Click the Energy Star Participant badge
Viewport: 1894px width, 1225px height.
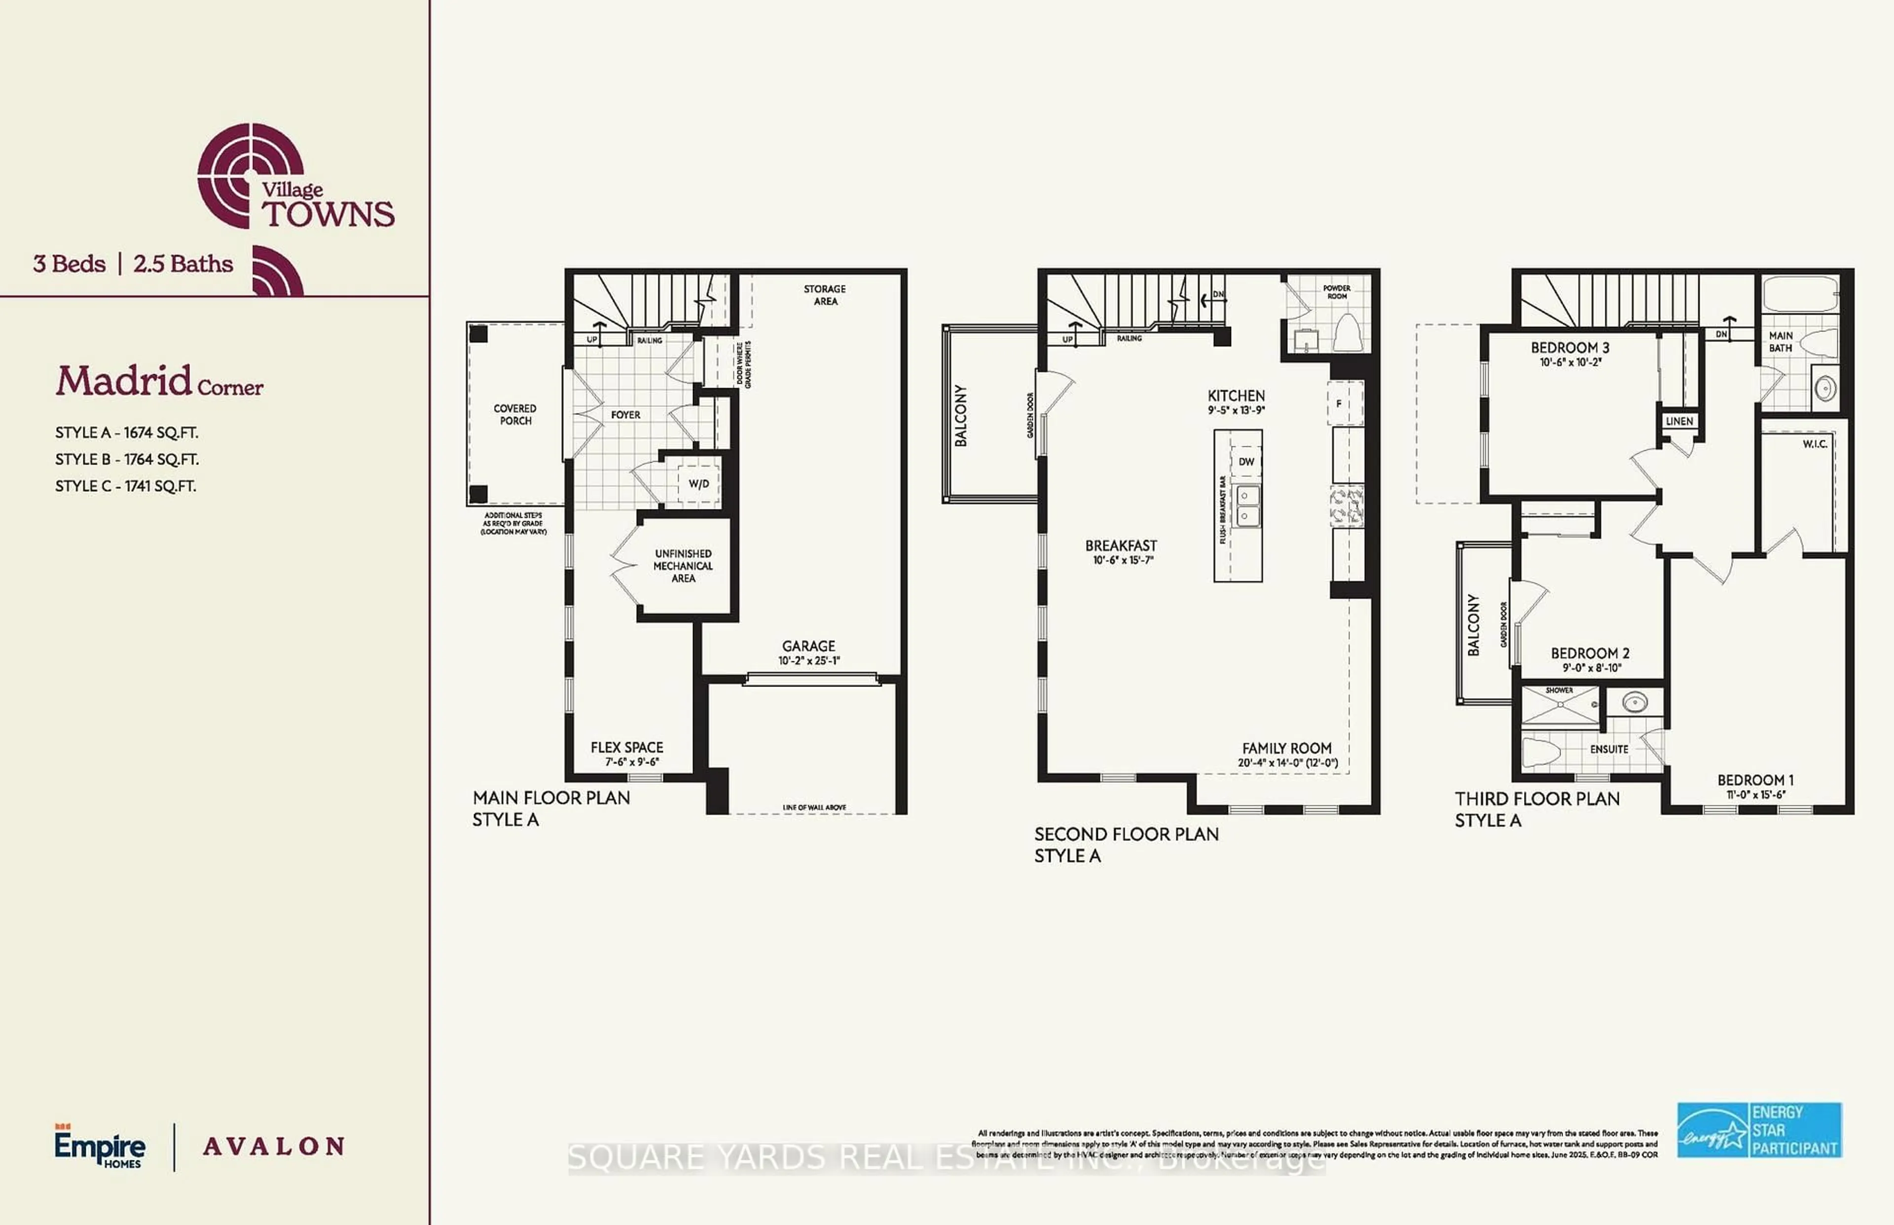tap(1759, 1129)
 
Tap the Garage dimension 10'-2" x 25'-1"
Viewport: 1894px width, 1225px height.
tap(809, 660)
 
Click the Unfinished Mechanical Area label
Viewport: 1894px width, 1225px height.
tap(683, 566)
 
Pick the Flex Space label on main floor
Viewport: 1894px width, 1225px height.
tap(627, 747)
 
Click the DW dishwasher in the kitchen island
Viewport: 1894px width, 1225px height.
tap(1246, 462)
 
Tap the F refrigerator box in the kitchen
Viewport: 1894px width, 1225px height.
tap(1339, 403)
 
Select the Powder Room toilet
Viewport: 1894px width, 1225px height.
tap(1346, 332)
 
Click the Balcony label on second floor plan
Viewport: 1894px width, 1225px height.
tap(961, 415)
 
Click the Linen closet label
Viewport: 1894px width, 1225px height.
tap(1679, 421)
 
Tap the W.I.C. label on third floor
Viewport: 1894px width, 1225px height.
tap(1815, 444)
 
